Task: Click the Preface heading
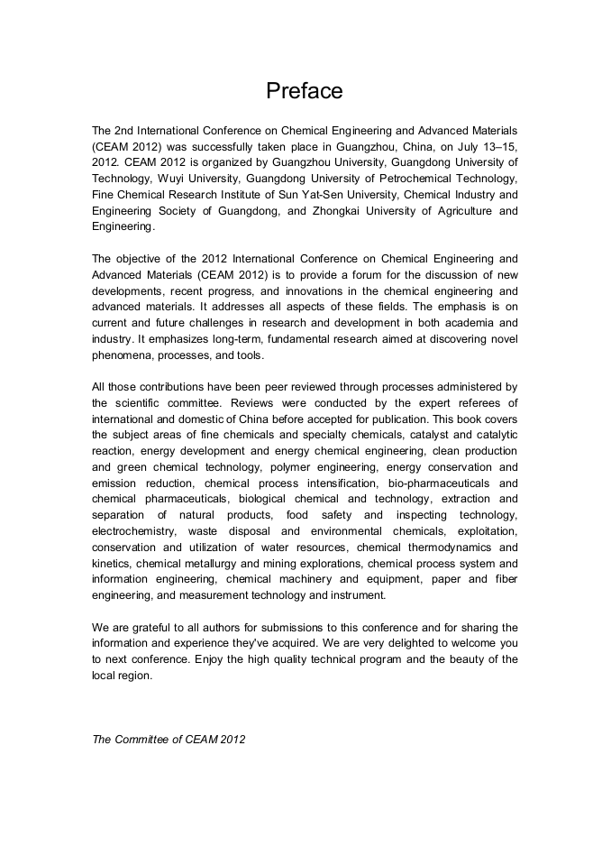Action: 305,91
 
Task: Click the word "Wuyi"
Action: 176,179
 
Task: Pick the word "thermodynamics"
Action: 459,548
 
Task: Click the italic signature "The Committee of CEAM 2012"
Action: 169,739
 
